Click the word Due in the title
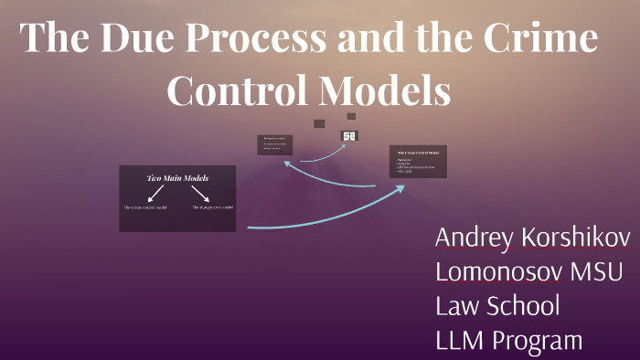139,41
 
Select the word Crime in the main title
539,41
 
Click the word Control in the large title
238,91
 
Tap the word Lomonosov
499,272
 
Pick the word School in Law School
522,306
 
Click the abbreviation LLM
460,341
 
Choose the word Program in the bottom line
537,341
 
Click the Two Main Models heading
177,177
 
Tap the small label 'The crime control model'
145,208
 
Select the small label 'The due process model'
213,208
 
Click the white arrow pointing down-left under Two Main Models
155,193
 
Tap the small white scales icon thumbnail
349,136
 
